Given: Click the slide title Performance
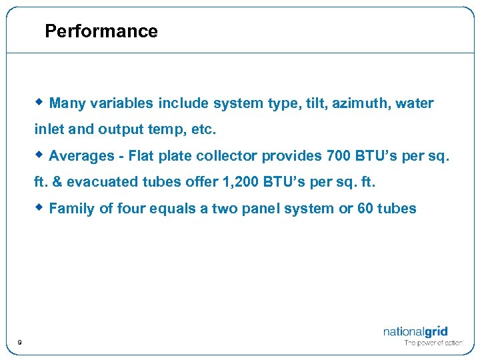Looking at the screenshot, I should coord(101,31).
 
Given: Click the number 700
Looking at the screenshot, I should coord(338,156).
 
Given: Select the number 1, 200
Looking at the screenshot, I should coord(236,182).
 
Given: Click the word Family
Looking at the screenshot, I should coord(72,209).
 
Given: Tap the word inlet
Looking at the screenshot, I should coord(49,129).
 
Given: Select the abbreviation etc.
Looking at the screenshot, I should coord(204,129).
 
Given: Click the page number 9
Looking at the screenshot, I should coord(19,342).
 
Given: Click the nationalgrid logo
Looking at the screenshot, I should coord(415,331).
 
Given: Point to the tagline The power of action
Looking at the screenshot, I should coord(433,343).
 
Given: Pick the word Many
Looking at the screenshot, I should coord(67,103).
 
